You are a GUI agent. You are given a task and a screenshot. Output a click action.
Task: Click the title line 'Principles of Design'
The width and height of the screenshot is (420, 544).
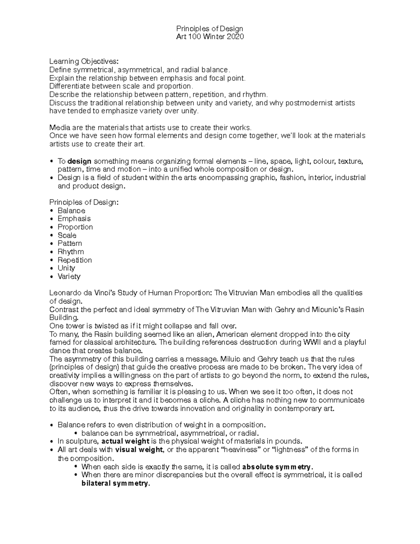pos(209,28)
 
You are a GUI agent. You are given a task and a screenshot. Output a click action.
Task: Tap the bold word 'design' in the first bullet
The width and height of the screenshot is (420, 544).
pos(79,161)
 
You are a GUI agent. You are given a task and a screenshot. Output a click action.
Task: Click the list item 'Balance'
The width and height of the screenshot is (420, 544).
pos(71,211)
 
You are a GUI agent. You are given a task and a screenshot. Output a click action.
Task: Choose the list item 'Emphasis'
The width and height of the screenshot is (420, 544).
pos(74,219)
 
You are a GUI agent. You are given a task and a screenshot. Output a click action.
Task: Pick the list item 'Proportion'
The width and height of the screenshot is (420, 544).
pos(75,227)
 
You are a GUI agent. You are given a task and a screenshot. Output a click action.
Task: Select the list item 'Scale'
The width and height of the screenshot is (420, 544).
pos(67,235)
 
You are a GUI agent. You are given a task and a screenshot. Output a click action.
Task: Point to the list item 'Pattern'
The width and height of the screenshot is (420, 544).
pos(70,243)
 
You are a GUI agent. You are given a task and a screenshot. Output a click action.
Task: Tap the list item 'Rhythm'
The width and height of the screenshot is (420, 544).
pos(71,252)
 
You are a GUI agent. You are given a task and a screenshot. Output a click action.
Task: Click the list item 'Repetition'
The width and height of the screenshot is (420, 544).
pos(75,260)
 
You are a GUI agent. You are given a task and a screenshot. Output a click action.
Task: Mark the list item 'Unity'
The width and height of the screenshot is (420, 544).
pos(66,268)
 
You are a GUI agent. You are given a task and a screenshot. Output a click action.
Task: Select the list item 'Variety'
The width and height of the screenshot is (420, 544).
pos(69,276)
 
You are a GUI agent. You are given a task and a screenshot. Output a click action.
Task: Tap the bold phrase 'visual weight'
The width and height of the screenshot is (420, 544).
pos(139,449)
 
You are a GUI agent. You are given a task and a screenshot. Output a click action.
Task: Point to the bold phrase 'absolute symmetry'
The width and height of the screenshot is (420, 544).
pos(276,467)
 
